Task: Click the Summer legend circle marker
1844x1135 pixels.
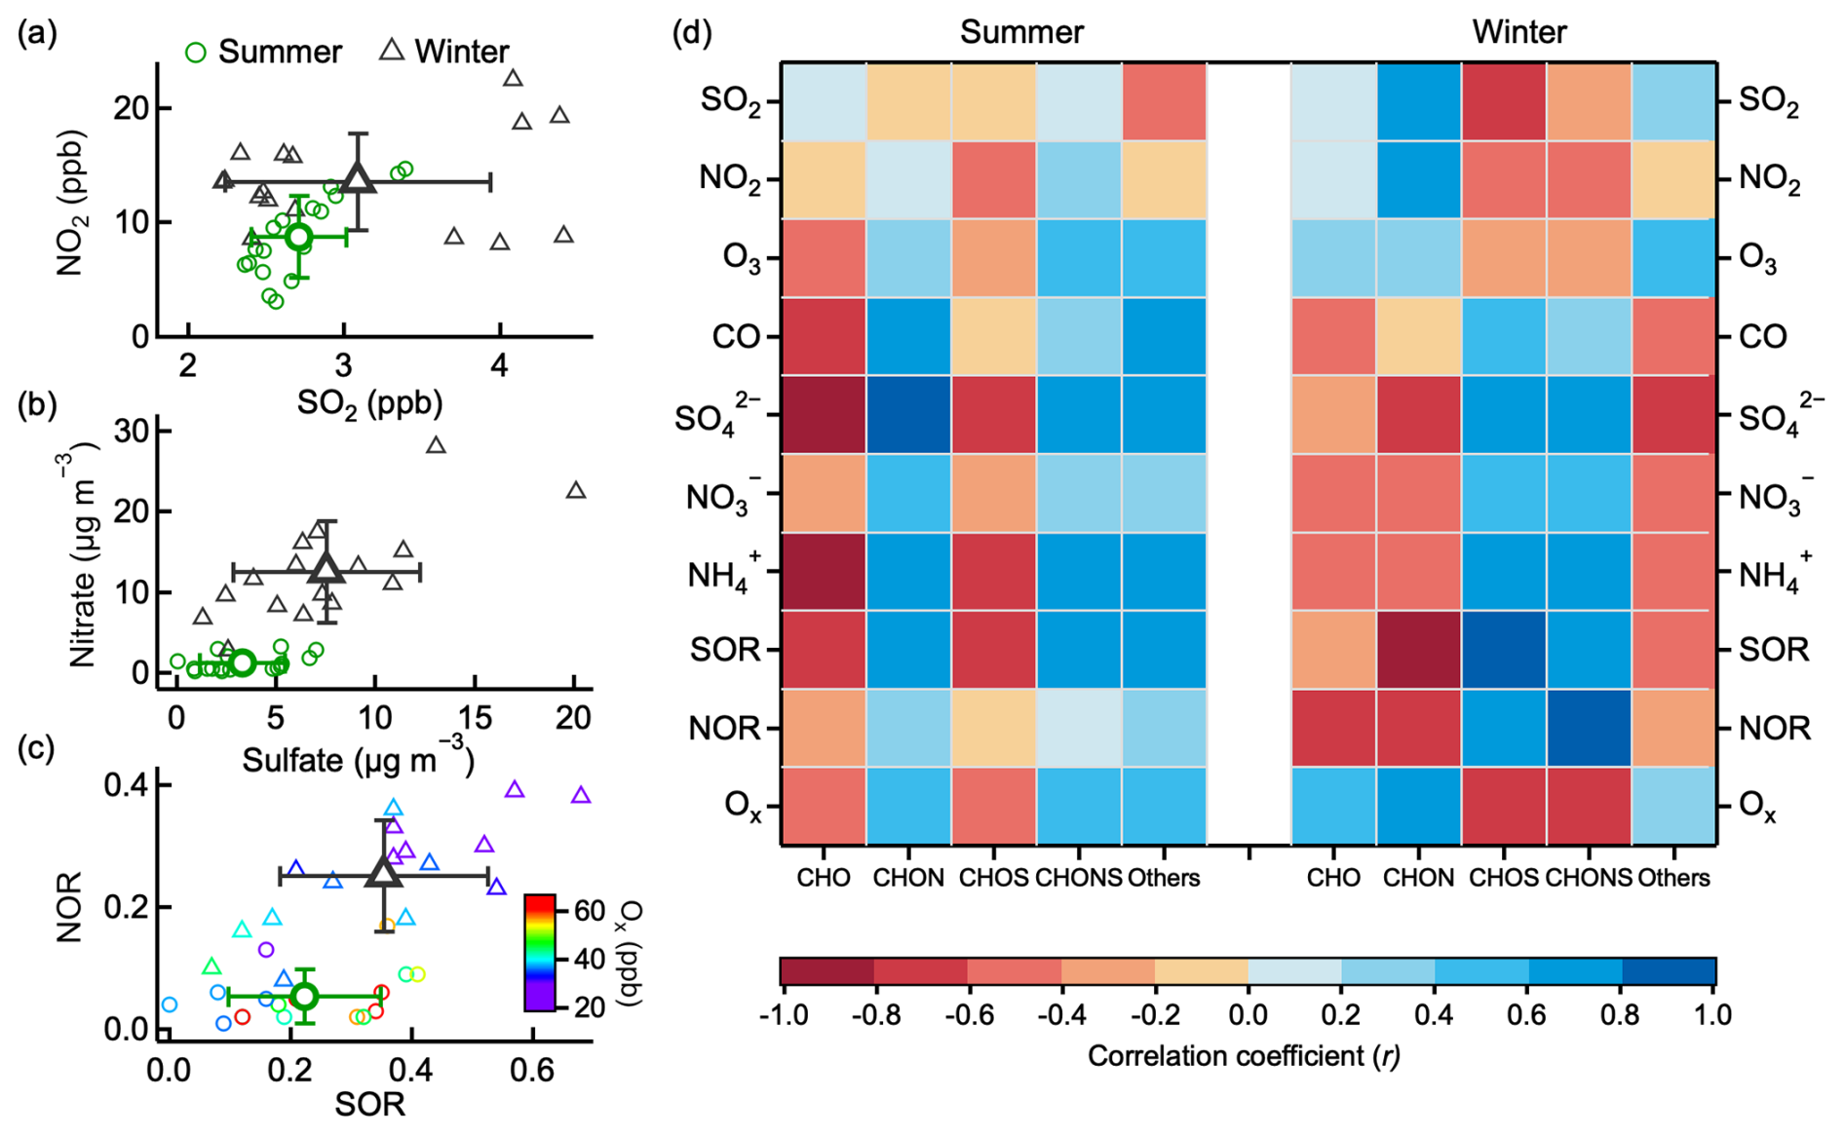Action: (x=196, y=52)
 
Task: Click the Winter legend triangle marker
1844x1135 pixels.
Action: (x=392, y=50)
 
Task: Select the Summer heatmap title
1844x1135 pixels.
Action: (x=1021, y=32)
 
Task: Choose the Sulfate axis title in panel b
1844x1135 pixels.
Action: (x=357, y=761)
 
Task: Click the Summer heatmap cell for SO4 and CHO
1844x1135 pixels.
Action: (x=824, y=415)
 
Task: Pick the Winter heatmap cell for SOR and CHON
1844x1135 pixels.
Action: (x=1418, y=650)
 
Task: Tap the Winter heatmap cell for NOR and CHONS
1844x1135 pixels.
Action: (x=1589, y=728)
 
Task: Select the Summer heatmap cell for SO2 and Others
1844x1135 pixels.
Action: (x=1164, y=101)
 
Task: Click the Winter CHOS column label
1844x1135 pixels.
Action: (x=1504, y=878)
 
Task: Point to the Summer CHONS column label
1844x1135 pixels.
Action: (x=1078, y=878)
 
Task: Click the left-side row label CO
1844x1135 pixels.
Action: (x=736, y=337)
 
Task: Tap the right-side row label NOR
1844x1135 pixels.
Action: (x=1775, y=728)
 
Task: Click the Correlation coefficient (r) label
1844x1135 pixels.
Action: (x=1244, y=1056)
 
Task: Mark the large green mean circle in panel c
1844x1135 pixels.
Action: (x=305, y=996)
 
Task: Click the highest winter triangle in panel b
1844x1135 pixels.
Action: (x=436, y=445)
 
